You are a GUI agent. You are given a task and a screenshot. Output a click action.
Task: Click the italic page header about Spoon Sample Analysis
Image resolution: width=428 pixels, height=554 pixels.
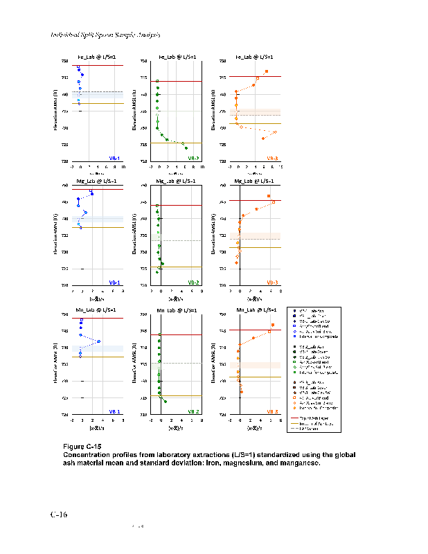tap(105, 35)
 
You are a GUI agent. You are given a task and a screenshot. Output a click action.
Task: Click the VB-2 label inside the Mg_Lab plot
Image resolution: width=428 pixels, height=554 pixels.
tap(193, 282)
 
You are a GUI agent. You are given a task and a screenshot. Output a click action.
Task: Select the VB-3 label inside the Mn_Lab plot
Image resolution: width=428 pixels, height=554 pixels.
tap(272, 411)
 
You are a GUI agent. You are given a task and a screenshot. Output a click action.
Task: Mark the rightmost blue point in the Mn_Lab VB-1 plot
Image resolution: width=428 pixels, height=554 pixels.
tap(99, 341)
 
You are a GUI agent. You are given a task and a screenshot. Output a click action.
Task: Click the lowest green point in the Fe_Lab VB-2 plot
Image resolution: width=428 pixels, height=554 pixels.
tap(186, 148)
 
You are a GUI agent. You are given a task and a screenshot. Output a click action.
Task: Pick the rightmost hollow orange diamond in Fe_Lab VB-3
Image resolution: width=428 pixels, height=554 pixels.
tap(275, 132)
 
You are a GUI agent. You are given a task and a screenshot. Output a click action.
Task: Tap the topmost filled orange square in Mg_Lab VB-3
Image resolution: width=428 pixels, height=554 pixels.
tap(269, 196)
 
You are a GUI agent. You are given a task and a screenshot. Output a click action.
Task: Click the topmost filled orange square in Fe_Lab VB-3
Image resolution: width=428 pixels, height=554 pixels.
tap(267, 72)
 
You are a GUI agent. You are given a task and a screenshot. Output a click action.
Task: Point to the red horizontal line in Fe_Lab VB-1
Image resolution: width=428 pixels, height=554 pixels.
tap(97, 65)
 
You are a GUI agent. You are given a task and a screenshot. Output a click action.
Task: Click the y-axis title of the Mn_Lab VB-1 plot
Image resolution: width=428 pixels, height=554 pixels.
tap(54, 364)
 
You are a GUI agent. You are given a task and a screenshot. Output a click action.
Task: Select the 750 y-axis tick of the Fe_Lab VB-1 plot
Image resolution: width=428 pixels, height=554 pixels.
tap(65, 61)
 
